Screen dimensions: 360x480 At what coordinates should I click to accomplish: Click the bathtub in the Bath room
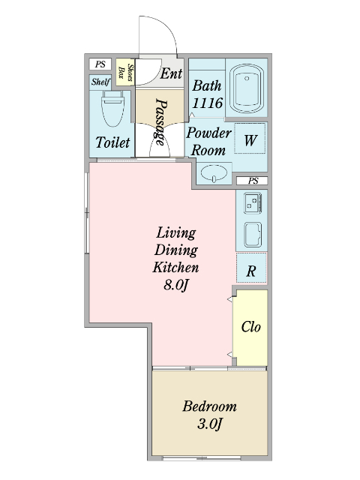click(247, 88)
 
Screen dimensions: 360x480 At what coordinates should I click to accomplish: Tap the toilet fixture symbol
click(113, 111)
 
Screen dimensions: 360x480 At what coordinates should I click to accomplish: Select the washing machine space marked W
click(250, 138)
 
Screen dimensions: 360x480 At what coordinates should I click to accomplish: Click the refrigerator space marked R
click(251, 268)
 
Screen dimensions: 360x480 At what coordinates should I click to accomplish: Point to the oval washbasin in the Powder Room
click(214, 173)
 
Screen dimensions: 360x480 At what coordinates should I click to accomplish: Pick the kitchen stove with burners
click(253, 203)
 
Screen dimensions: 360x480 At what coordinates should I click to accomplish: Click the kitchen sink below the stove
click(253, 235)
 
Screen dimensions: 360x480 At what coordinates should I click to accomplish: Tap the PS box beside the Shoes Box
click(100, 64)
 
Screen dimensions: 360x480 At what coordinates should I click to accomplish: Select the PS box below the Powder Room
click(252, 181)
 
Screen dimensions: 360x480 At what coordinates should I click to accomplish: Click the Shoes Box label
click(126, 72)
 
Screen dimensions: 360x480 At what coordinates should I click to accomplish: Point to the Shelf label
click(100, 82)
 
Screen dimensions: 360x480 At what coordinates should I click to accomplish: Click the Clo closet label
click(251, 327)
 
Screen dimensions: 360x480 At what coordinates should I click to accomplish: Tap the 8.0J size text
click(175, 285)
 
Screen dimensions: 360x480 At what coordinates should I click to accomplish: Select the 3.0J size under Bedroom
click(210, 424)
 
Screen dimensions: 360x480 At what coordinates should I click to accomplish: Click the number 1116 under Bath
click(208, 103)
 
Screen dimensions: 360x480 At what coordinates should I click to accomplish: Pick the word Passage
click(161, 121)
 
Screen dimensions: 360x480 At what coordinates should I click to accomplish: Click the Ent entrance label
click(171, 73)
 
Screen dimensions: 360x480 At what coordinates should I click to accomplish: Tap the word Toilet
click(113, 142)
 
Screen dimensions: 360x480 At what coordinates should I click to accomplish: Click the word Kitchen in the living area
click(175, 267)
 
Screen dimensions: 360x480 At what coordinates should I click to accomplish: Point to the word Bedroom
click(210, 406)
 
